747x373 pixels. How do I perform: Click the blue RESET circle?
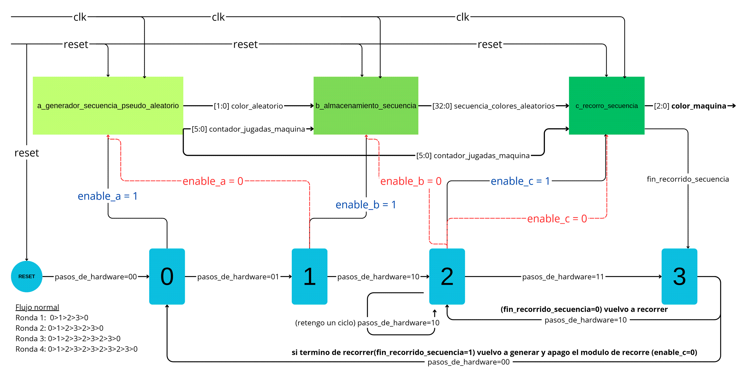27,276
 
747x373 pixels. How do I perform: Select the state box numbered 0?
167,276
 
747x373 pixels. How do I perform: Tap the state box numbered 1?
309,276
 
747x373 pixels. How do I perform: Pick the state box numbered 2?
447,276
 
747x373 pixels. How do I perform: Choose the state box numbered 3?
679,276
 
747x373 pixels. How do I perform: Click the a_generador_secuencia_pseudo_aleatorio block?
108,106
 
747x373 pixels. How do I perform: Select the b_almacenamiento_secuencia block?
366,106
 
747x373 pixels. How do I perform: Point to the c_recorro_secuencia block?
607,106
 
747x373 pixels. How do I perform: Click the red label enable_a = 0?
213,181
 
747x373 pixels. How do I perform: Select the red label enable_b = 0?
411,181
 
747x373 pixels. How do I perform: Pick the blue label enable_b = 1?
366,205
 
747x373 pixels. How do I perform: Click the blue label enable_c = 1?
520,181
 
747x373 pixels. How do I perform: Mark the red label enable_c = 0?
557,219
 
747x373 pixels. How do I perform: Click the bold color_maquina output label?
699,106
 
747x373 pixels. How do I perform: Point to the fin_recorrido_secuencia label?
688,179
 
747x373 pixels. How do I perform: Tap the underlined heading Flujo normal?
37,307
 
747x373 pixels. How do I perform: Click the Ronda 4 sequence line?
77,349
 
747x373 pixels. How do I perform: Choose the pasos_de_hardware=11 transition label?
563,277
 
